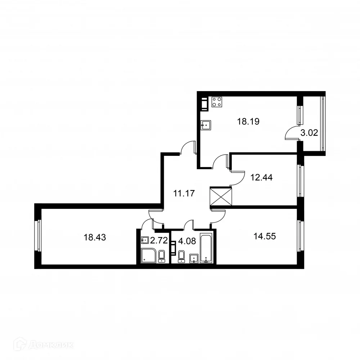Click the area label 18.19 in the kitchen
[248, 122]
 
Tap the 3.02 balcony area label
[309, 132]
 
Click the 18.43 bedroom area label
[94, 237]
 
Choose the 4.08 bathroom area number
[187, 241]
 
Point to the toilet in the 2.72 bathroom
[162, 255]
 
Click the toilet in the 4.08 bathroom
[181, 255]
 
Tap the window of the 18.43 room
[37, 236]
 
